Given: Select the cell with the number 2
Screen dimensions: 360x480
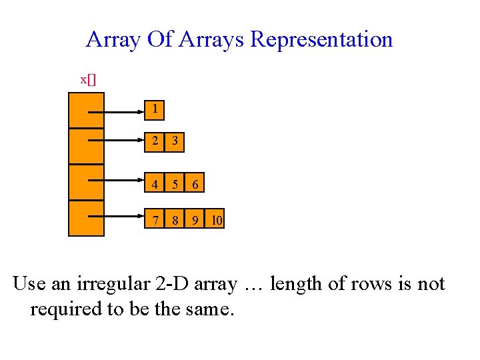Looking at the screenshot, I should click(155, 141).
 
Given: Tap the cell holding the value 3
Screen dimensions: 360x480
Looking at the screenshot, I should click(175, 141).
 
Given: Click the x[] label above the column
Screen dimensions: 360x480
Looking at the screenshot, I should click(88, 79).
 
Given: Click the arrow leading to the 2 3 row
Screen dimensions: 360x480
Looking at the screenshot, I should click(117, 141).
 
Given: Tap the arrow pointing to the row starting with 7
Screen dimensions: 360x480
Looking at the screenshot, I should click(117, 215).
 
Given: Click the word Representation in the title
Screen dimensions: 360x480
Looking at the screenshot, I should click(321, 39).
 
